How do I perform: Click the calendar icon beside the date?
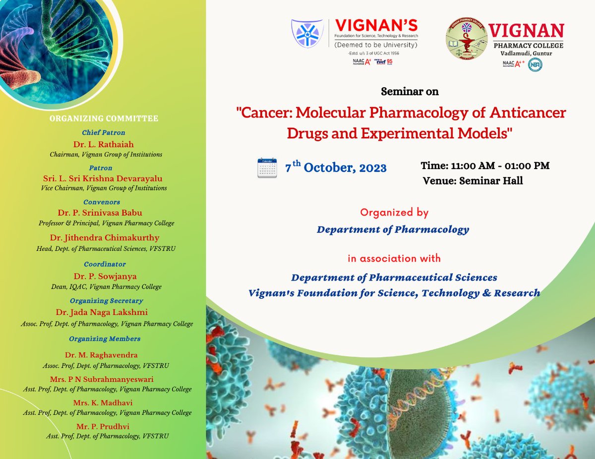coord(267,168)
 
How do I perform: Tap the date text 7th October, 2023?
coord(336,168)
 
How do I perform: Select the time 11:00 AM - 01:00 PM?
coord(485,166)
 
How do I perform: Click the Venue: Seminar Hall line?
coord(473,181)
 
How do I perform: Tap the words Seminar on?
coord(410,92)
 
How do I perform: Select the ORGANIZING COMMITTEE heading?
coord(104,118)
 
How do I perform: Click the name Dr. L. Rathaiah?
coord(104,144)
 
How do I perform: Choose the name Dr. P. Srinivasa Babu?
coord(100,213)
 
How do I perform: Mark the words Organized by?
coord(394,213)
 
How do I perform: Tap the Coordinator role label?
coord(105,264)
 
